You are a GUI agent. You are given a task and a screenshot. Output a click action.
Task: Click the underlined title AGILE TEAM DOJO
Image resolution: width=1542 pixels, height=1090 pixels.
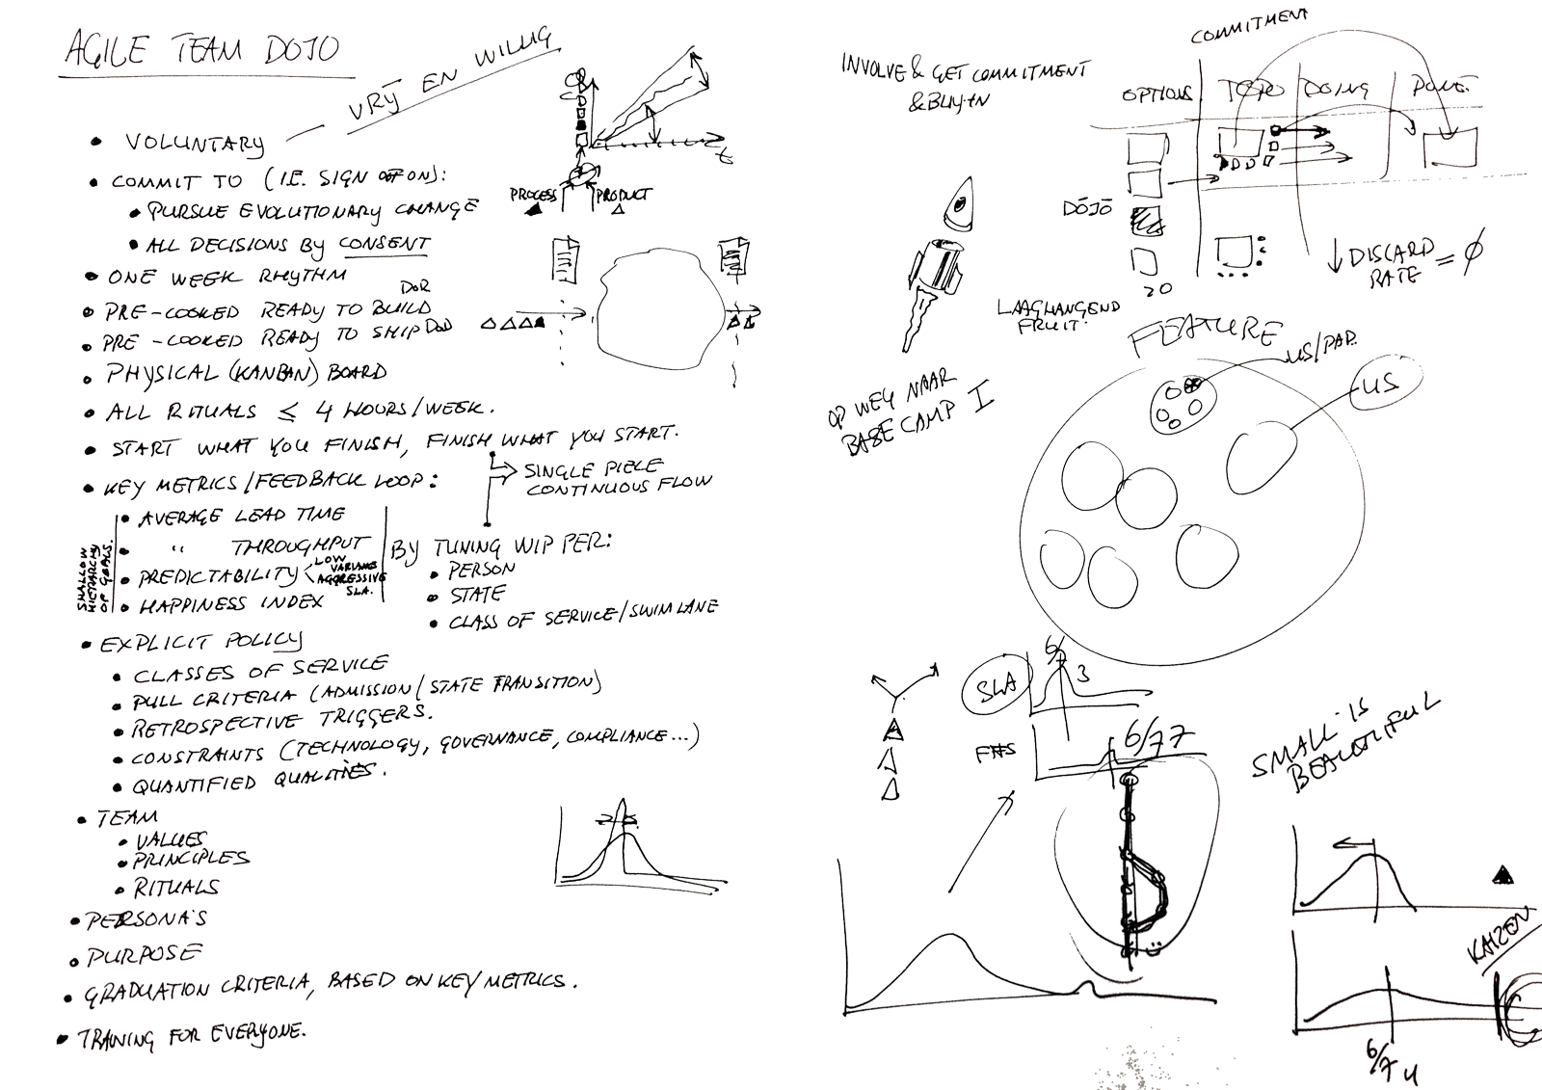coord(202,48)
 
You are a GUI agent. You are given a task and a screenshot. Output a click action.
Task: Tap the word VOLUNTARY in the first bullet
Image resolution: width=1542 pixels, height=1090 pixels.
coord(193,143)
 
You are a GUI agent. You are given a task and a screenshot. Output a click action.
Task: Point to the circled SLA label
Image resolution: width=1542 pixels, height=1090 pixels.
coord(996,686)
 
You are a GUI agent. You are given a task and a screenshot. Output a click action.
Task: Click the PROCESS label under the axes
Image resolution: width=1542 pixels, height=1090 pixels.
coord(533,196)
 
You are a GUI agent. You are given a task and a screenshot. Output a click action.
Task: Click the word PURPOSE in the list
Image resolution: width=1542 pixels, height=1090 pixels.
coord(145,955)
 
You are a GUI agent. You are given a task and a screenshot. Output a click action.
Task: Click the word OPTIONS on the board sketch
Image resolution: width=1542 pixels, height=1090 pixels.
coord(1156,94)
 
